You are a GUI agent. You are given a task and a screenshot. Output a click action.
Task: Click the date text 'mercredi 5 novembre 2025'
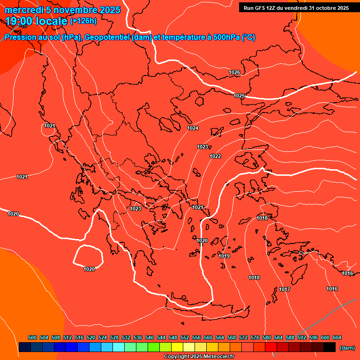coord(62,10)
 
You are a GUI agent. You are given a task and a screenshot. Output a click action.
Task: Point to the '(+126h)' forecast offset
coord(83,21)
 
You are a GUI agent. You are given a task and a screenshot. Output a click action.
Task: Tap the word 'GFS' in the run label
coord(261,8)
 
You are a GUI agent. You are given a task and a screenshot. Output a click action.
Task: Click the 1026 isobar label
coord(234,72)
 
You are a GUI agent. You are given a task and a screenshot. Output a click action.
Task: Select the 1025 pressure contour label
coord(239,96)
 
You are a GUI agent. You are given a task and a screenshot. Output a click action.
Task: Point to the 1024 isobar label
coord(193,128)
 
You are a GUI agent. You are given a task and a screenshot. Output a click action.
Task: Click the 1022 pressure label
coord(215,156)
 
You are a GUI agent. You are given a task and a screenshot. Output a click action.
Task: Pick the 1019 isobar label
coord(224,256)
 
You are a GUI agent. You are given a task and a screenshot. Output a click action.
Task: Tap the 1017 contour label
coord(285,289)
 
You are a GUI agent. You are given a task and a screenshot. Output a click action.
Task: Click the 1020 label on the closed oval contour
coord(89,269)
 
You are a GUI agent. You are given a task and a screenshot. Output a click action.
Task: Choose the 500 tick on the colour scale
coord(32,337)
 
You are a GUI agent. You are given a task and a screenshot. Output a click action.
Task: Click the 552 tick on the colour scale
coord(185,337)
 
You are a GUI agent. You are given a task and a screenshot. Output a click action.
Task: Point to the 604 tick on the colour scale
coord(337,337)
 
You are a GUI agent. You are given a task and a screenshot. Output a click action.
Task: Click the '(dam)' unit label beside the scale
coord(347,347)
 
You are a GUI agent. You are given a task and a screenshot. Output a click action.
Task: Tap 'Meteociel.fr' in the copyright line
coord(218,357)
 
